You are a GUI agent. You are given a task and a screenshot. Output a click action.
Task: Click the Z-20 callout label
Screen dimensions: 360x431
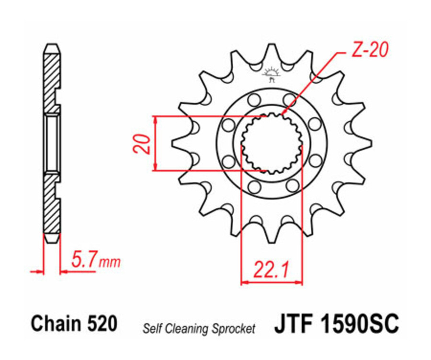pyautogui.click(x=369, y=50)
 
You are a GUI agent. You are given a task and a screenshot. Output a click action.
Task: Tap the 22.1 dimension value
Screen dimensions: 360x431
pyautogui.click(x=271, y=270)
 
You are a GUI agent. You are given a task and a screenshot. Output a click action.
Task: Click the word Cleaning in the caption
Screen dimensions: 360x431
pyautogui.click(x=186, y=329)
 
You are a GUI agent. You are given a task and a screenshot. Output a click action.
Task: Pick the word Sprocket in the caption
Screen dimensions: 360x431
pyautogui.click(x=233, y=329)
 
